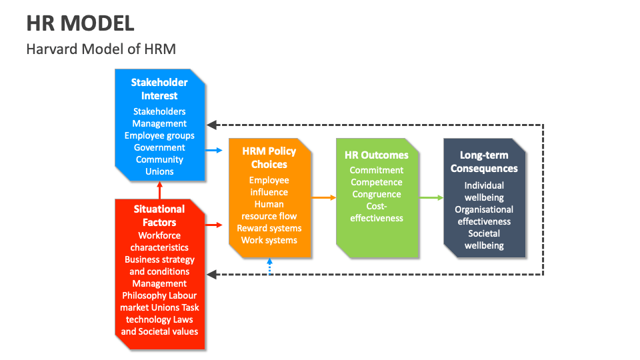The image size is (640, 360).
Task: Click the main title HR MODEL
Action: click(x=81, y=23)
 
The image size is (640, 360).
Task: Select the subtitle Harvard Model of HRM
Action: click(x=101, y=49)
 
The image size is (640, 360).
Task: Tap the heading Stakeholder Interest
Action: click(x=159, y=89)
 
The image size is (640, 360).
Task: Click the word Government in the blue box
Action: click(x=159, y=147)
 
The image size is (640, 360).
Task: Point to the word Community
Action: click(x=159, y=159)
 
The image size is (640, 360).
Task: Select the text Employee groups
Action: click(x=159, y=135)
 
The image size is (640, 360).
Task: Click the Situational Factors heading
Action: click(x=159, y=215)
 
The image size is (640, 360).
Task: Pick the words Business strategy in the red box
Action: click(x=159, y=259)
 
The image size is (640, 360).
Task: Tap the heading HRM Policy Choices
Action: click(x=269, y=158)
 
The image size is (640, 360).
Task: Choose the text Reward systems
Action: click(x=269, y=228)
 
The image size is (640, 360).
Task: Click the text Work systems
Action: click(x=269, y=240)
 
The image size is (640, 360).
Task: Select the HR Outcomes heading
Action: click(x=377, y=155)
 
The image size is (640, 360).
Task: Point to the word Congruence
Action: click(x=377, y=194)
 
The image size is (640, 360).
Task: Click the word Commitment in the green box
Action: click(x=377, y=170)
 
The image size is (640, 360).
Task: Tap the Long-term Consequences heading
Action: click(x=484, y=161)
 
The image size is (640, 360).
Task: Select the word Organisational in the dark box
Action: click(x=484, y=209)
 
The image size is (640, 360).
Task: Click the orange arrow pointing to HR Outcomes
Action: click(x=324, y=197)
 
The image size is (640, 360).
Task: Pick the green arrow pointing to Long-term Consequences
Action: click(x=431, y=197)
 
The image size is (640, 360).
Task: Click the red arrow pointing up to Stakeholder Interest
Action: click(x=159, y=190)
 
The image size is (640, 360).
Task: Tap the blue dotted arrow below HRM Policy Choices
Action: click(x=269, y=267)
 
